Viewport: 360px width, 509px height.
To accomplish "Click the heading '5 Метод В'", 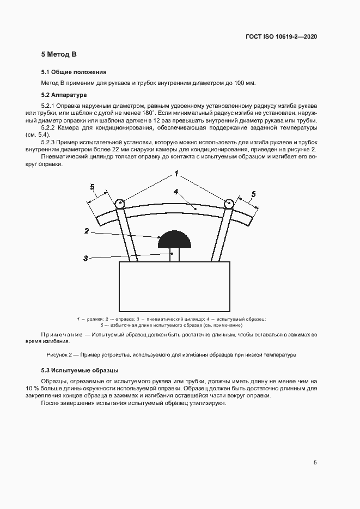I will click(x=59, y=54).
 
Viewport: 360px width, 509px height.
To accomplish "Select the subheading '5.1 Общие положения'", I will click(x=74, y=72).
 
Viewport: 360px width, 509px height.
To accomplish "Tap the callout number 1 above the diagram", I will click(x=176, y=174).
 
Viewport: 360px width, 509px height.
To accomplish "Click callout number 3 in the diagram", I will click(x=86, y=258).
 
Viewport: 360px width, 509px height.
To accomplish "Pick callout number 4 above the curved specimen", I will click(x=176, y=192).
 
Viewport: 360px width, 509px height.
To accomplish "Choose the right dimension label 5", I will click(x=253, y=194).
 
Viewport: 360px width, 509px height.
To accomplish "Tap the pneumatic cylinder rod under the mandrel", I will click(x=173, y=255).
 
